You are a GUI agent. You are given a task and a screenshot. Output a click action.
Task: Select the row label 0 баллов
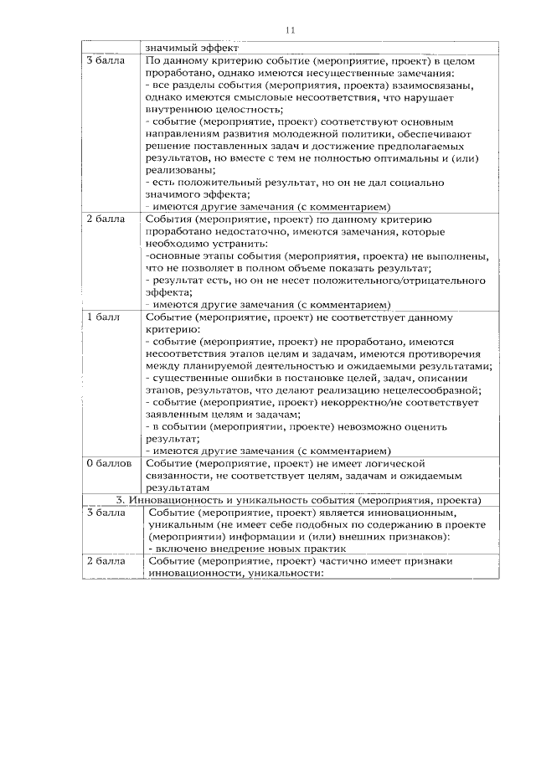click(x=108, y=462)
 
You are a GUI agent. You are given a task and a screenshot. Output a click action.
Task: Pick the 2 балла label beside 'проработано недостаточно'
click(x=106, y=219)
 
